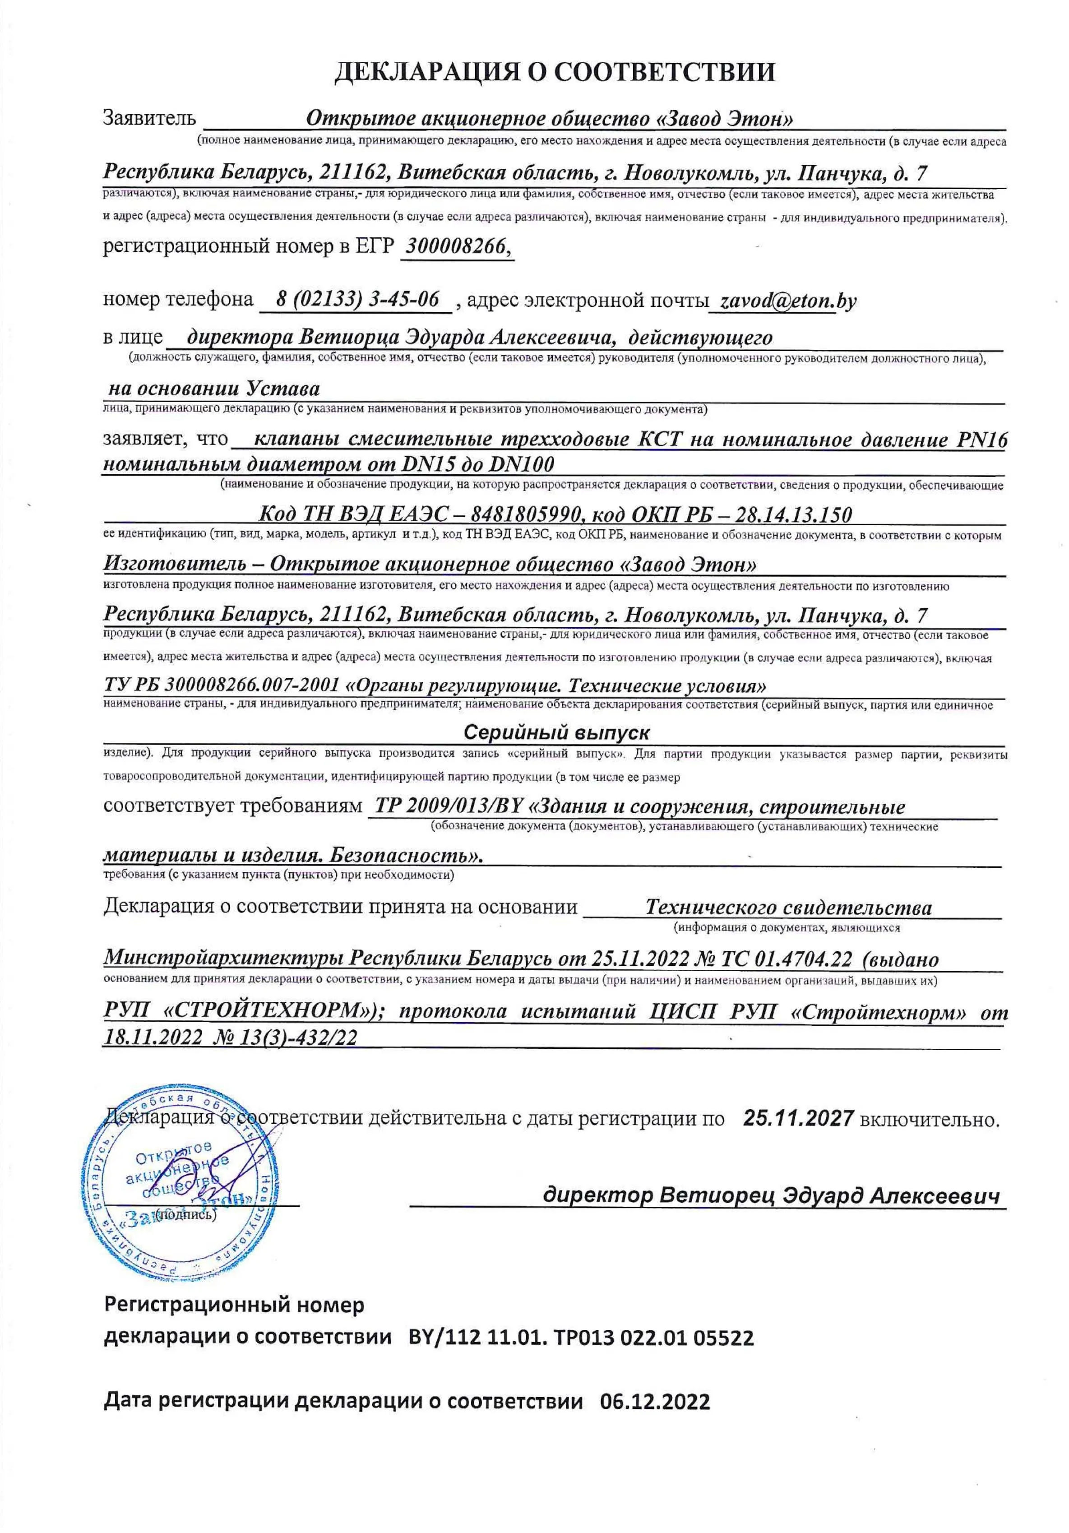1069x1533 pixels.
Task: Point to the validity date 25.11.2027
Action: coord(798,1118)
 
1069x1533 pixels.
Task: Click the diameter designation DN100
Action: coord(522,463)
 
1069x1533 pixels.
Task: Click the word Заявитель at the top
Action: coord(149,119)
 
